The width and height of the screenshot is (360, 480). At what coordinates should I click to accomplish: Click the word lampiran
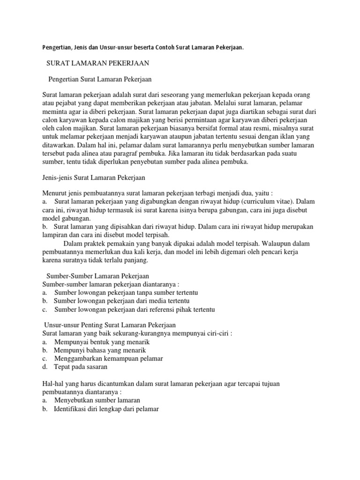(54, 235)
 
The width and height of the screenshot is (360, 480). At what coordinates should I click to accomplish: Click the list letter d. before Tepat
(45, 367)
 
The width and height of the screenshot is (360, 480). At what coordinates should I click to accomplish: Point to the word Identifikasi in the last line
(71, 409)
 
